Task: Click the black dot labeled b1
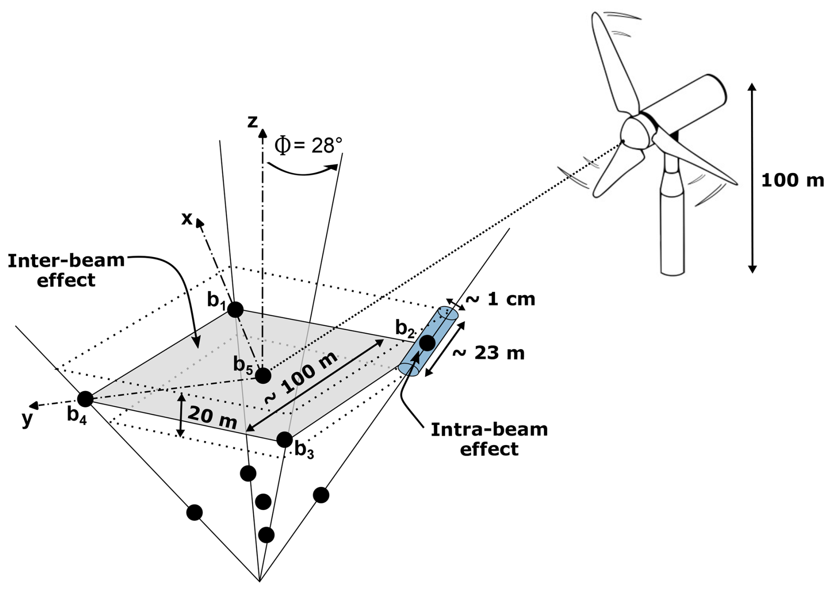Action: point(235,310)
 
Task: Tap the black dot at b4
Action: point(85,399)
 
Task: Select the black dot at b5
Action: point(263,376)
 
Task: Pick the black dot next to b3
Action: point(285,439)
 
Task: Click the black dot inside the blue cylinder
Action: point(427,343)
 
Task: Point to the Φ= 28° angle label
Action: point(308,145)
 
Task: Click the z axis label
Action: point(252,121)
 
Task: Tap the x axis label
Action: point(187,218)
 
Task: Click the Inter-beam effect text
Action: point(66,270)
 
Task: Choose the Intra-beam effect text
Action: point(489,439)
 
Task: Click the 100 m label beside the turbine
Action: point(792,180)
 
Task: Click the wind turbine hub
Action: point(633,132)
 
